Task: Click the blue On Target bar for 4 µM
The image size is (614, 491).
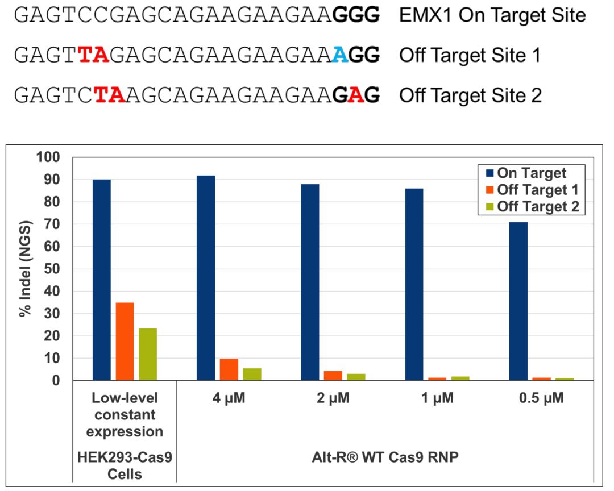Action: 206,278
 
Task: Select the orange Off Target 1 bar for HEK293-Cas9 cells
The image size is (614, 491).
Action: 125,341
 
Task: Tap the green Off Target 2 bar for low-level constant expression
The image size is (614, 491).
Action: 148,354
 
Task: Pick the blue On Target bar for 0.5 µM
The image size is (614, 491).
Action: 518,301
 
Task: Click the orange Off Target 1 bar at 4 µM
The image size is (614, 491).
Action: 229,369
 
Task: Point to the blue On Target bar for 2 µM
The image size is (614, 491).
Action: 310,282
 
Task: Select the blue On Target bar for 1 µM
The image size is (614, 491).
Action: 414,284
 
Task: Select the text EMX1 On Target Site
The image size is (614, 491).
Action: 492,15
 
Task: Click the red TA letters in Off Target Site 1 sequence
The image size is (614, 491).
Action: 93,55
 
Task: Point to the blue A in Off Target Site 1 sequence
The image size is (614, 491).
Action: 340,55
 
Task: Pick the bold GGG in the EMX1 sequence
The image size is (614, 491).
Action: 356,15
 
